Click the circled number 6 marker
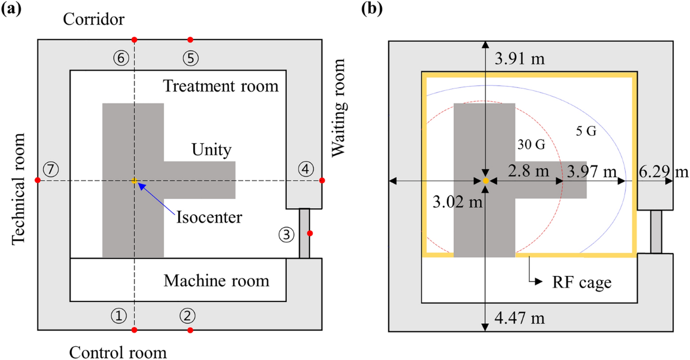121,58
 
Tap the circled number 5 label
191,58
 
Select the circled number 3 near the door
286,235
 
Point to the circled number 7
51,169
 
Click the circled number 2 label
187,316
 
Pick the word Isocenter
209,217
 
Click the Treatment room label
221,86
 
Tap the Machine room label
216,281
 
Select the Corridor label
94,19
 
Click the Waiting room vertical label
339,108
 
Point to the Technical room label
18,189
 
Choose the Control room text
118,353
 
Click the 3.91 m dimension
520,59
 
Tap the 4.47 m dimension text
520,318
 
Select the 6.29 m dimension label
664,171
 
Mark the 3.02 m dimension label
458,202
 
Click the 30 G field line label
531,144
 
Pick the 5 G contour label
586,131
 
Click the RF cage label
581,282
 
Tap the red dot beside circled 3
310,233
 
